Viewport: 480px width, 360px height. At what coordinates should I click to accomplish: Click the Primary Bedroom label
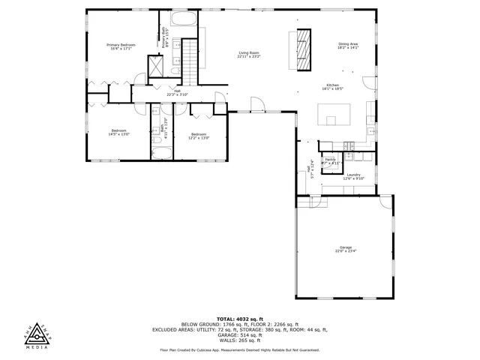tap(121, 45)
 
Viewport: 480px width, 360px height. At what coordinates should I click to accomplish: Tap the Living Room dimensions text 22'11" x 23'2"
tap(249, 56)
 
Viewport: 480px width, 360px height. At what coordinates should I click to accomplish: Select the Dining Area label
tap(348, 45)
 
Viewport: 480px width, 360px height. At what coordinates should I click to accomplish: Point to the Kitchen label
tap(332, 85)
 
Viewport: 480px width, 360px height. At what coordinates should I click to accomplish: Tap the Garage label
tap(345, 247)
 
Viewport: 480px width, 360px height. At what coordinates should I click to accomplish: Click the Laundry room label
tap(353, 175)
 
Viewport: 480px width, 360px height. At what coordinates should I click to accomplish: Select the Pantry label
tap(330, 160)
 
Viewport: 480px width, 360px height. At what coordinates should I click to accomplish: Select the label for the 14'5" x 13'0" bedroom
tap(120, 130)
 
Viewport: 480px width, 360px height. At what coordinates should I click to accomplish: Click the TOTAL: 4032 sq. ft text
tap(239, 319)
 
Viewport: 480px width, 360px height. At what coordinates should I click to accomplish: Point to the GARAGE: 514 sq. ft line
tap(239, 334)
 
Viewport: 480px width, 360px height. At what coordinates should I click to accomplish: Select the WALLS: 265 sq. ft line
tap(239, 340)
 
